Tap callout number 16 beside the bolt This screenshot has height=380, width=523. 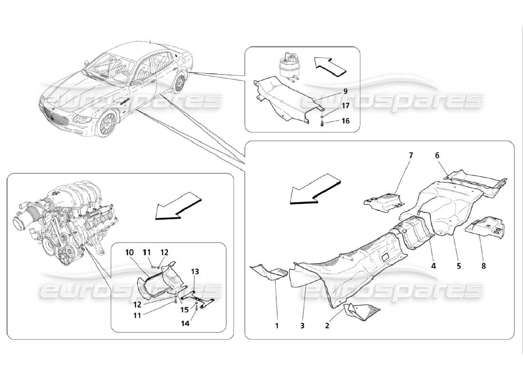[345, 121]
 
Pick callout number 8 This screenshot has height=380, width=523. [484, 266]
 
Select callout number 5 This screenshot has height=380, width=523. [459, 266]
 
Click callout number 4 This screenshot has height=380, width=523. [434, 266]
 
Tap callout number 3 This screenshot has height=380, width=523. [302, 326]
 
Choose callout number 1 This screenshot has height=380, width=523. [277, 326]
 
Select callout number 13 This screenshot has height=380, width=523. [195, 271]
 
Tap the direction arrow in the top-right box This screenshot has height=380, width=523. [329, 66]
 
